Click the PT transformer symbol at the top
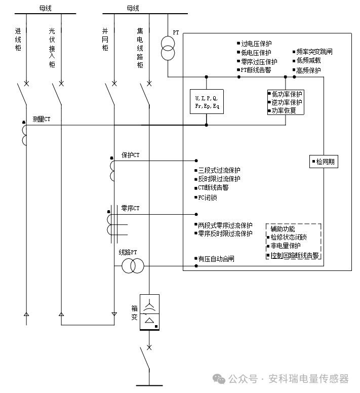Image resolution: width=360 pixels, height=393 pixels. pyautogui.click(x=168, y=48)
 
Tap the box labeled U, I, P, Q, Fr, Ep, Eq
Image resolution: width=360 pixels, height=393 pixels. pyautogui.click(x=207, y=101)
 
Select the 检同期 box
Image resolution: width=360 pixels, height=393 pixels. pyautogui.click(x=324, y=162)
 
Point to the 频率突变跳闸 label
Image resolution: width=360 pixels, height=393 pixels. pyautogui.click(x=314, y=52)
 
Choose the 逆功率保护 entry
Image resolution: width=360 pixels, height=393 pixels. pyautogui.click(x=287, y=102)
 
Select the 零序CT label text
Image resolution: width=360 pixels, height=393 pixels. pyautogui.click(x=130, y=208)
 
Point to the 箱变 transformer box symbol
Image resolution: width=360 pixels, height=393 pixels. pyautogui.click(x=149, y=313)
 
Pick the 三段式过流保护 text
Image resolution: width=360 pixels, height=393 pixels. pyautogui.click(x=219, y=170)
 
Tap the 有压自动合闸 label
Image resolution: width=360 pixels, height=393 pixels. pyautogui.click(x=216, y=259)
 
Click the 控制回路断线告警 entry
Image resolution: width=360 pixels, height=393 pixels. pyautogui.click(x=294, y=255)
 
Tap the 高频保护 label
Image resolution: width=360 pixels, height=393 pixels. pyautogui.click(x=308, y=70)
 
